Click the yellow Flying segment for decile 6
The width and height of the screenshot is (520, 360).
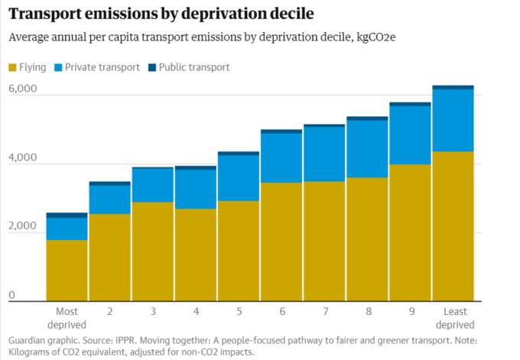(x=281, y=242)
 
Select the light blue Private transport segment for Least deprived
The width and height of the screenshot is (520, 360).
(x=453, y=121)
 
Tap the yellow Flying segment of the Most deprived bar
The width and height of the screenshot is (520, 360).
(x=67, y=270)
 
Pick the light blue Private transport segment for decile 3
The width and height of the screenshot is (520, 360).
(x=153, y=185)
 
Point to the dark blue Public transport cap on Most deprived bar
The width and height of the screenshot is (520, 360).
(x=67, y=215)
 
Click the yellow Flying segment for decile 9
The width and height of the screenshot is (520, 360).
(x=410, y=232)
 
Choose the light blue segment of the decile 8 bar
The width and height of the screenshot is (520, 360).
(x=367, y=149)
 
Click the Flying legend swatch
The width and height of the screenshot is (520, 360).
(x=12, y=67)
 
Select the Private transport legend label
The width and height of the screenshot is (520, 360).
(x=102, y=67)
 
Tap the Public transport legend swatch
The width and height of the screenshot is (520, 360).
(x=152, y=67)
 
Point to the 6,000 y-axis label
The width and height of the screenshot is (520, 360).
(x=23, y=89)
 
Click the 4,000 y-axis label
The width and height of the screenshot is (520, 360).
(x=23, y=157)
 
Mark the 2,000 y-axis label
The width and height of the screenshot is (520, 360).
(x=23, y=225)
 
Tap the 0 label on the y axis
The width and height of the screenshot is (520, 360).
(x=12, y=295)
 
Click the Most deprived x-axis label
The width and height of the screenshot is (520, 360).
(x=67, y=318)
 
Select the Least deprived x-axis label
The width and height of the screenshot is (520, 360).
(x=455, y=318)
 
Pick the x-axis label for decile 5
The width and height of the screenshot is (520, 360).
(x=239, y=312)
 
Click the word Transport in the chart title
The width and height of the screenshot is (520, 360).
(x=46, y=14)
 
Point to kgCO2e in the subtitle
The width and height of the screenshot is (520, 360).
(x=376, y=37)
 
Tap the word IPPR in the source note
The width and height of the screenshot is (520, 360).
(x=125, y=340)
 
